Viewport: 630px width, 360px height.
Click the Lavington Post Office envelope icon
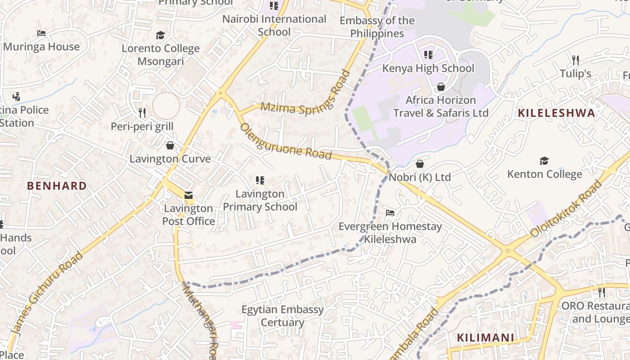coord(189,195)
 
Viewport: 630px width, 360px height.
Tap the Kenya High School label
coord(428,68)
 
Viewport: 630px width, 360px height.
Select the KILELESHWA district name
coord(556,113)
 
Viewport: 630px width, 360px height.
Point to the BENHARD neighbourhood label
coord(57,186)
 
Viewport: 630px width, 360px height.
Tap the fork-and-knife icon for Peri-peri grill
coord(142,112)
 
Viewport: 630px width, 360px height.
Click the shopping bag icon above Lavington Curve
coord(170,145)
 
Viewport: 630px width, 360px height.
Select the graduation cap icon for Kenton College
coord(544,161)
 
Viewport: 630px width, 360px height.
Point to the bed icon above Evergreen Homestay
coord(390,212)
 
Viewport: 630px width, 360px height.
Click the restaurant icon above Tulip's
coord(575,60)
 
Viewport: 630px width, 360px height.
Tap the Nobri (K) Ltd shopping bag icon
coord(420,164)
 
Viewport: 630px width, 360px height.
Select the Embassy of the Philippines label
coord(377,27)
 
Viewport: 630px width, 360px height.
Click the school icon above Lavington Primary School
coord(260,180)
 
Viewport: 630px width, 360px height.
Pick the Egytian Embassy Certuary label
coord(283,316)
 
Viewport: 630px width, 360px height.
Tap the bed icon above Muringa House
coord(41,33)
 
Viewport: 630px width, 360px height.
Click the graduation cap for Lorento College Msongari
coord(161,35)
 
